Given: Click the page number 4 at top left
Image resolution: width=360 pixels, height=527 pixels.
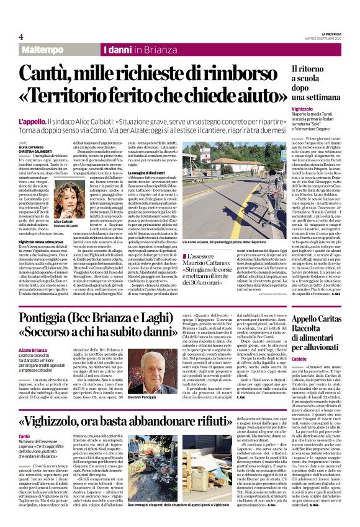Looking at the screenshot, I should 20,37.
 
